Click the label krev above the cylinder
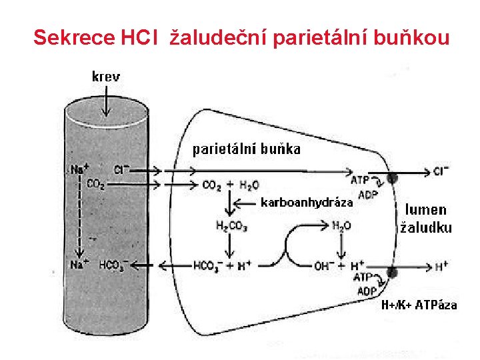(106, 76)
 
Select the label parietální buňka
(247, 149)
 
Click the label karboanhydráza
(305, 202)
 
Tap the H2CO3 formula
(232, 227)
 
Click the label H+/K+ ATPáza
(419, 305)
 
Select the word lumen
(425, 210)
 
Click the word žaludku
(425, 227)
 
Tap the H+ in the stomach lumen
(441, 267)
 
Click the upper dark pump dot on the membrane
(394, 178)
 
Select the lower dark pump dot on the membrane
(392, 272)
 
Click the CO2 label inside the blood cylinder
(96, 185)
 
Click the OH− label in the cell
(324, 266)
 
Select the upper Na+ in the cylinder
(79, 170)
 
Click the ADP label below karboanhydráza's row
(367, 195)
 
